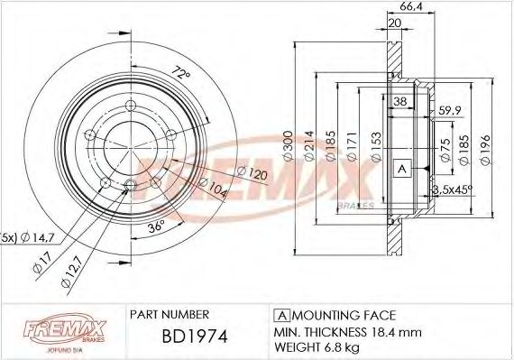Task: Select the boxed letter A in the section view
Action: coord(402,169)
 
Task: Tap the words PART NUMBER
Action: coord(170,315)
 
